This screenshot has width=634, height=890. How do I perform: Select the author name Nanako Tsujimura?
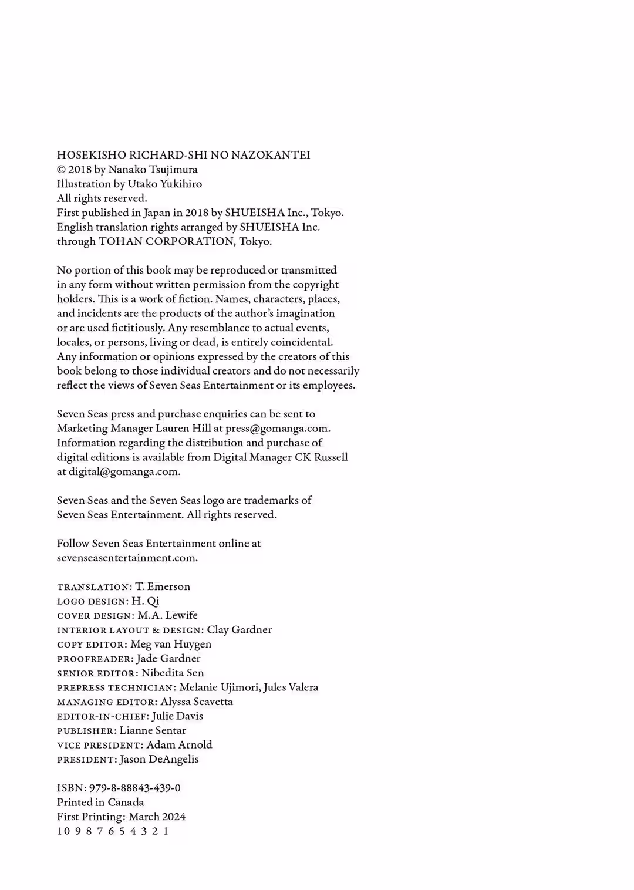[153, 170]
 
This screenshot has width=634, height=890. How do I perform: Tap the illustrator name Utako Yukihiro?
[165, 184]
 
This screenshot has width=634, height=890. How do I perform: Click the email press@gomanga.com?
[276, 429]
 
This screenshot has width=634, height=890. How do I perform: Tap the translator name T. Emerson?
[163, 586]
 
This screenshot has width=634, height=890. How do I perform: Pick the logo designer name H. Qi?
[145, 601]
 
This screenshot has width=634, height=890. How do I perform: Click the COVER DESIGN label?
[95, 616]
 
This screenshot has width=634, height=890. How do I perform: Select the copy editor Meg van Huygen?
[171, 644]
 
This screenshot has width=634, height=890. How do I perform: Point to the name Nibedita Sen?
[173, 673]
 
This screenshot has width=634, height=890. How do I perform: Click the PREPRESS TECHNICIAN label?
[116, 687]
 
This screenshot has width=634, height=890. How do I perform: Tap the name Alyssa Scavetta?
[197, 702]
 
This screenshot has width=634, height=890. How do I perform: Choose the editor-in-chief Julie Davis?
[177, 716]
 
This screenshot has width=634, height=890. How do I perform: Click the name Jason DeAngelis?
[159, 759]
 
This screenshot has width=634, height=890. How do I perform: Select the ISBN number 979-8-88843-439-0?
[135, 788]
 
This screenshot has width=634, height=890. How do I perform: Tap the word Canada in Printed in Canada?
[126, 803]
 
